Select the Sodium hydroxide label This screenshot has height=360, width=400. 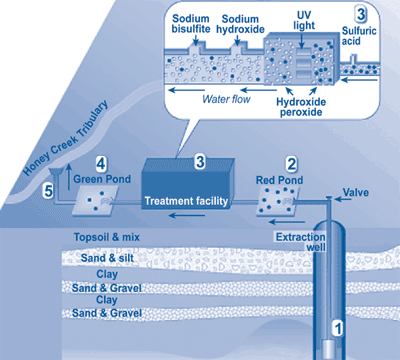pos(245,25)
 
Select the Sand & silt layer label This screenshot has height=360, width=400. pos(113,257)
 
